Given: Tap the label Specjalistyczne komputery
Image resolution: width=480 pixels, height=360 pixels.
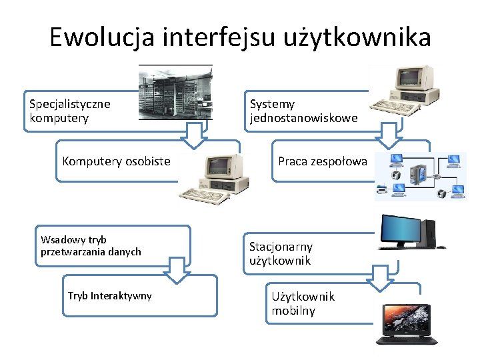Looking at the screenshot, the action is (x=70, y=111).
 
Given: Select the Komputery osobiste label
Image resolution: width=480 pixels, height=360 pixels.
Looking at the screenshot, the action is (x=116, y=161).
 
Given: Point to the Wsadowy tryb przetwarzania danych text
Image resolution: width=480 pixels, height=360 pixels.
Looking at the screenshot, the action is (x=91, y=245).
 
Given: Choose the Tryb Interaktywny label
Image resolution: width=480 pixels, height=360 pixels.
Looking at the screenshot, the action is (x=110, y=295).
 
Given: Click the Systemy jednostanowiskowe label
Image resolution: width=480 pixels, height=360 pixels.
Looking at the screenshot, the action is (x=303, y=111).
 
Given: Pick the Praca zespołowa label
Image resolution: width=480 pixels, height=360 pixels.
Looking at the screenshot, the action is (x=323, y=161).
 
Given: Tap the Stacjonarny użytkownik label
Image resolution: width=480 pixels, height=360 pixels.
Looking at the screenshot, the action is (x=280, y=253).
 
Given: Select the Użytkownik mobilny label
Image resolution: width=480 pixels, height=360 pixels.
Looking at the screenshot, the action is (x=303, y=303).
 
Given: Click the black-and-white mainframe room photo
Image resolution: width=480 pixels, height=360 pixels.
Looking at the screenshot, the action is (x=175, y=92).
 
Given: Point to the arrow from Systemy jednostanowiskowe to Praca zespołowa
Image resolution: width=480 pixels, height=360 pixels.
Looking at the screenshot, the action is (x=388, y=136).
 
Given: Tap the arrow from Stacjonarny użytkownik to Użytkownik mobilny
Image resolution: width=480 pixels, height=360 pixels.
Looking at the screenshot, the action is (x=381, y=276).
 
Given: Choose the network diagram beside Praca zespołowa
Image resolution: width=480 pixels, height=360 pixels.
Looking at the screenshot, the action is (x=420, y=176).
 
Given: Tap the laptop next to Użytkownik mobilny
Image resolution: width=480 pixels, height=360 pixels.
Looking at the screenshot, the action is (x=406, y=323).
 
